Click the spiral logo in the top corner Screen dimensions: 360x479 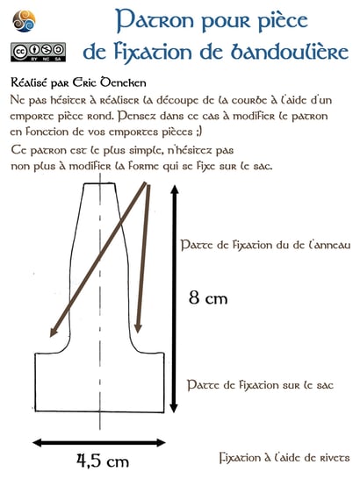pos(21,17)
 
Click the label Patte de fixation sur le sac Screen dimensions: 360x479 pos(261,384)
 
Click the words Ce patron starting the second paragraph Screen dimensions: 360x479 pos(40,150)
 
